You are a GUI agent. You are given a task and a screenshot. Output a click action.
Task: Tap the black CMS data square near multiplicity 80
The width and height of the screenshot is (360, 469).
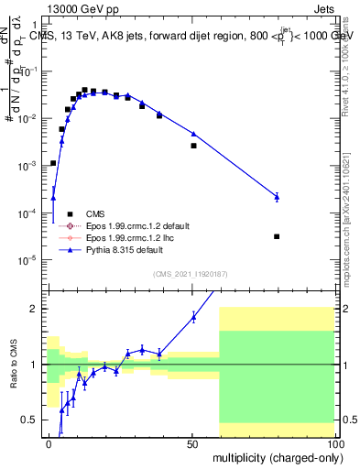tap(277, 236)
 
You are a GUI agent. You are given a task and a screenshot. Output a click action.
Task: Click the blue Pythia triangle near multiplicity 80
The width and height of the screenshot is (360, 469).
tap(277, 196)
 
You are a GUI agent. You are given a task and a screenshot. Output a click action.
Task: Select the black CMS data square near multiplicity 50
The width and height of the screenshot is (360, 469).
tap(193, 146)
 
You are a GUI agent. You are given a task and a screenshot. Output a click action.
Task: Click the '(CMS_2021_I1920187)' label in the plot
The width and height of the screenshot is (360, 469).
tap(190, 273)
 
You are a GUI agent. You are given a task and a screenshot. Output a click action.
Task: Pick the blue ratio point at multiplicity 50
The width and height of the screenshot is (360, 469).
tap(193, 317)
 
